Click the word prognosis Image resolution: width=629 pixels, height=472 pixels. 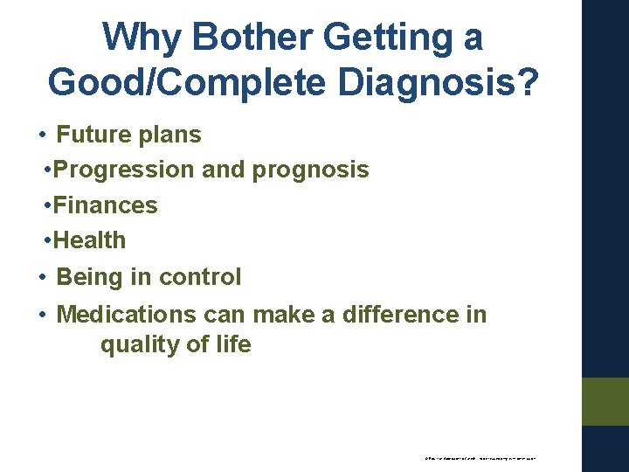tap(311, 170)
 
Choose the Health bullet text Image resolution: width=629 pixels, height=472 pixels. tap(89, 240)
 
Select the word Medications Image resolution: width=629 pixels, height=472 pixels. tap(127, 315)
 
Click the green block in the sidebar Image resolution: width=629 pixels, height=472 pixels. tap(605, 401)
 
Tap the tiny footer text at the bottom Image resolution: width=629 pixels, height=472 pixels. tap(480, 457)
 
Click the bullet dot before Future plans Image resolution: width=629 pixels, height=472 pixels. tap(42, 136)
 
